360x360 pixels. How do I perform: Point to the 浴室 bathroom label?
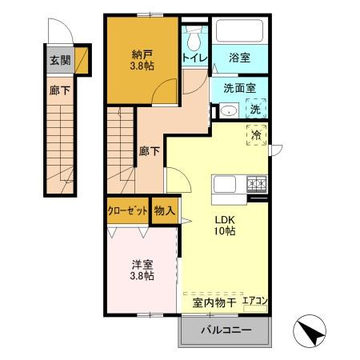tap(238, 58)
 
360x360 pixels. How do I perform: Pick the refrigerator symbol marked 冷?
tap(258, 135)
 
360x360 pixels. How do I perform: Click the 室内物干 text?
tap(214, 302)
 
